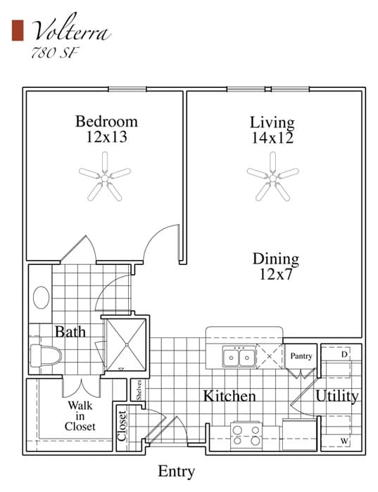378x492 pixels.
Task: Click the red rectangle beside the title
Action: point(18,30)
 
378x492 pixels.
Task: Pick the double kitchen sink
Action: point(239,358)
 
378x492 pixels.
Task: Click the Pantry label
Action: point(301,356)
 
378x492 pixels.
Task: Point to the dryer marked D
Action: point(344,354)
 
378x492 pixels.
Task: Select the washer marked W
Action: point(344,441)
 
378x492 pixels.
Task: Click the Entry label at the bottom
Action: point(176,471)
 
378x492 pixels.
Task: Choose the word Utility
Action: point(336,396)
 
